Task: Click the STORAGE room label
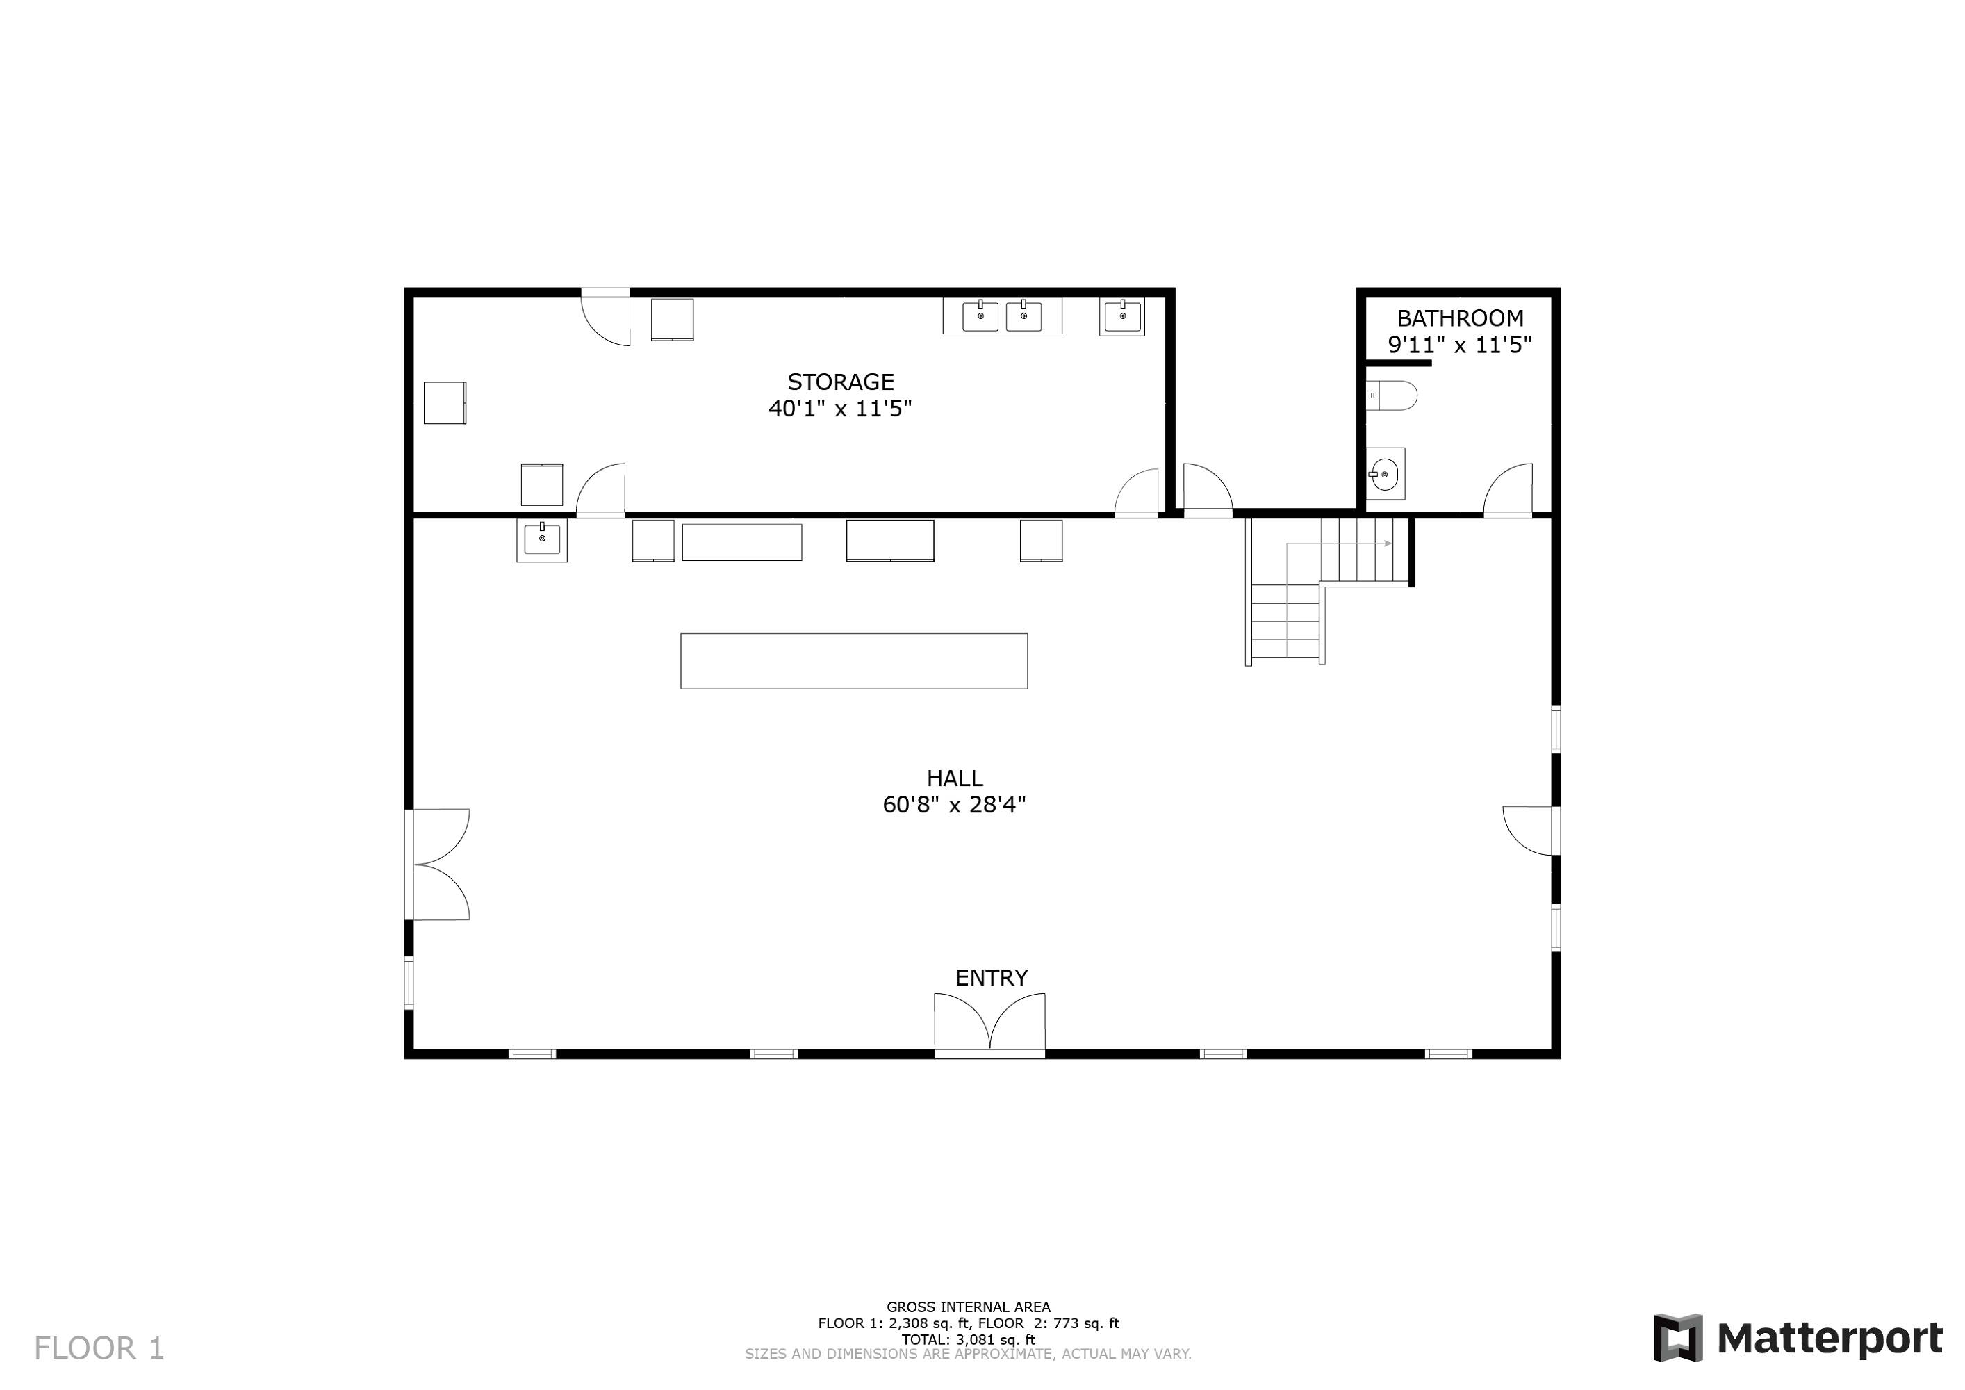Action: tap(841, 382)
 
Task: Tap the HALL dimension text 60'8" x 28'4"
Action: tap(954, 805)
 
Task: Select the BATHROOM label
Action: tap(1460, 318)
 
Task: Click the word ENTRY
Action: tap(991, 977)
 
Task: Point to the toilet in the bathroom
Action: tap(1391, 395)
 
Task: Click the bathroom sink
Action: tap(1384, 473)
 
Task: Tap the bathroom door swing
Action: tap(1508, 489)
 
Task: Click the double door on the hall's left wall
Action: tap(438, 865)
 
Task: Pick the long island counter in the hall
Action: tap(854, 661)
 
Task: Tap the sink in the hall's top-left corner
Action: tap(542, 540)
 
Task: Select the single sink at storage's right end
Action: tap(1122, 316)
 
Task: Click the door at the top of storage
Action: tap(606, 317)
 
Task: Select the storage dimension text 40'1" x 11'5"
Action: tap(841, 408)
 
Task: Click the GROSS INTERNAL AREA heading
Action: tap(968, 1307)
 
